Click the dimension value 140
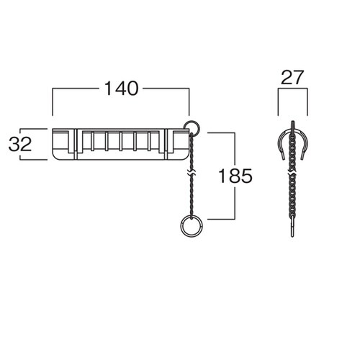click(x=122, y=89)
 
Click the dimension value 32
click(x=20, y=144)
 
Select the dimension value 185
click(x=235, y=176)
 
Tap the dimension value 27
click(x=292, y=78)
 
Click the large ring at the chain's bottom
click(x=182, y=227)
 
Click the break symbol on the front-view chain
click(x=192, y=173)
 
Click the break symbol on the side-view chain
click(x=292, y=174)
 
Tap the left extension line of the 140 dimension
click(x=53, y=102)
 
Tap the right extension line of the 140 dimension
click(x=189, y=102)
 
